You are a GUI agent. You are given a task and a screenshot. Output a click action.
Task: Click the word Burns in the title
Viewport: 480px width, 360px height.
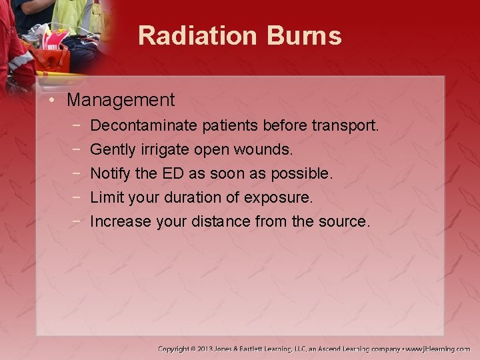306,36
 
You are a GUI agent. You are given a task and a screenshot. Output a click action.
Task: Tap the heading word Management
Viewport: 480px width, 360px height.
121,101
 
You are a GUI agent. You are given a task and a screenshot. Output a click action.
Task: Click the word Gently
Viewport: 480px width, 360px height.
111,149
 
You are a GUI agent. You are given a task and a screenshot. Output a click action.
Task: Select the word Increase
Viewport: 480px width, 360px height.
121,221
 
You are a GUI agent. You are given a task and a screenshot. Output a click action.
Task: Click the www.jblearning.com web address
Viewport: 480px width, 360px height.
438,349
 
